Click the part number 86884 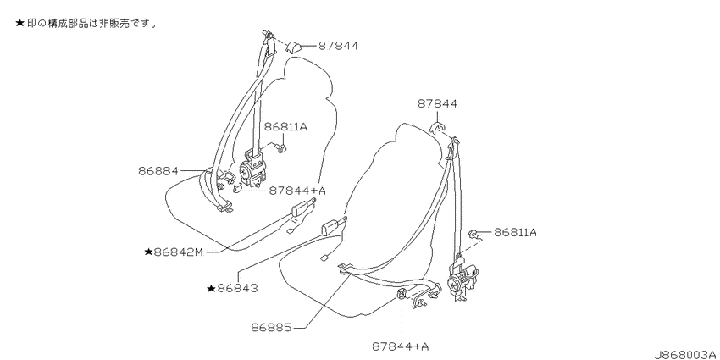point(158,171)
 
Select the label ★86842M point(174,252)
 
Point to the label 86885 point(271,328)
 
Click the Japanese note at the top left point(86,23)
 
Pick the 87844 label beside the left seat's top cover point(339,46)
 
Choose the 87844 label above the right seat point(438,104)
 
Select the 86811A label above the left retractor point(285,126)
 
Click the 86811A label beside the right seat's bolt point(515,232)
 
